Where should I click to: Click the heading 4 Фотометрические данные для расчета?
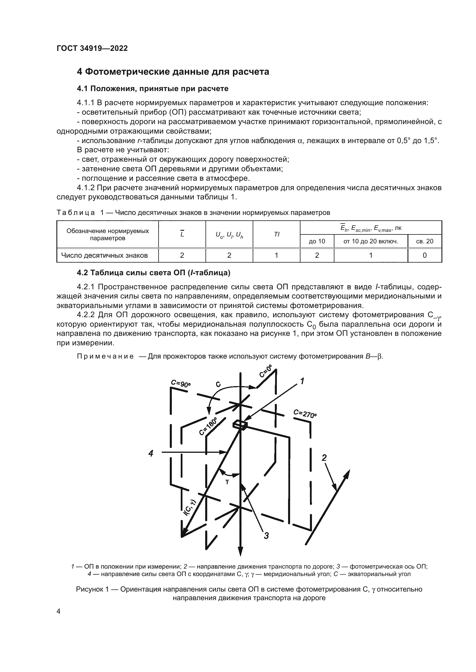[173, 72]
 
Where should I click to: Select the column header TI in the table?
[276, 234]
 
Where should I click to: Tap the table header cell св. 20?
[424, 241]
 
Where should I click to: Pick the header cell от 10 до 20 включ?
[370, 241]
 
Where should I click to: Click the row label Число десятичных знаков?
[104, 255]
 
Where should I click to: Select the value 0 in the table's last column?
[424, 255]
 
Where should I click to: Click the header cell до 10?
[317, 241]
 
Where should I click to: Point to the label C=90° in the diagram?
[180, 383]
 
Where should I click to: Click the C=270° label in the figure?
[305, 413]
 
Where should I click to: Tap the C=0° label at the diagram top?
[266, 372]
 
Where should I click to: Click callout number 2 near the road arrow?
[324, 457]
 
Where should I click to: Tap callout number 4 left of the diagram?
[151, 453]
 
